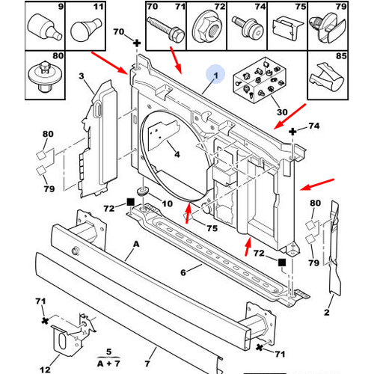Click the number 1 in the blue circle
click(x=215, y=75)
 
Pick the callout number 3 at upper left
click(x=82, y=75)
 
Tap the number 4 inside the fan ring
click(x=177, y=156)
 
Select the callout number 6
click(x=182, y=273)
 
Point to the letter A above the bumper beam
click(x=137, y=245)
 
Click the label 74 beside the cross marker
click(x=313, y=127)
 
